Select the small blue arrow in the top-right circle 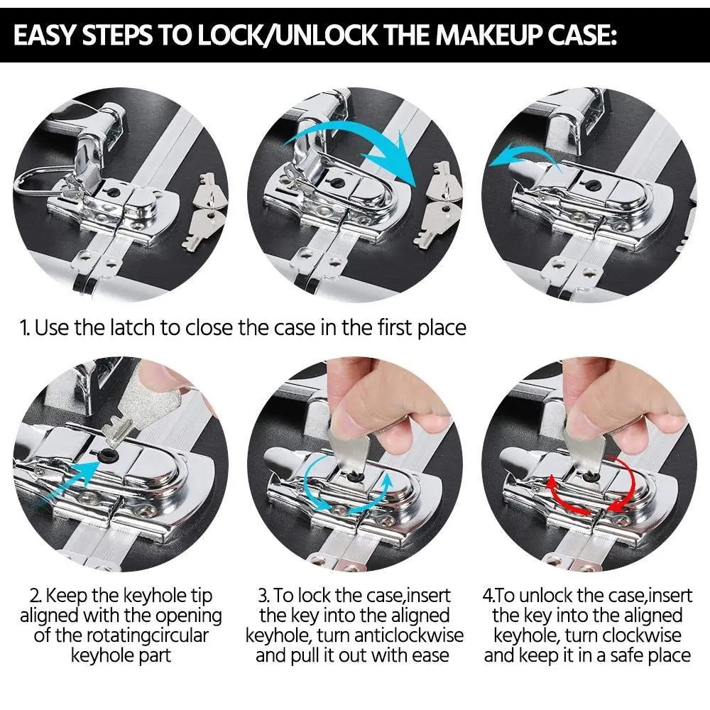pyautogui.click(x=525, y=155)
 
